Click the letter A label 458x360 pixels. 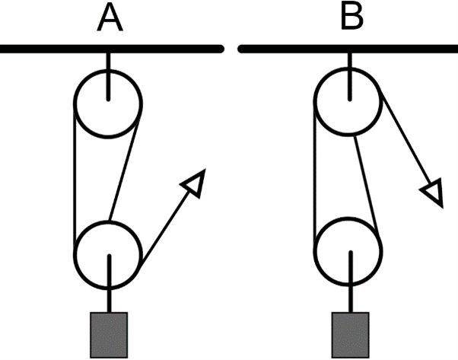coord(110,18)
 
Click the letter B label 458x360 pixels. coord(351,18)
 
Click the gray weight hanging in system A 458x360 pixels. coord(110,333)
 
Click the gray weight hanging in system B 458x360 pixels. coord(351,333)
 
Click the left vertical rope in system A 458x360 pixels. coord(75,175)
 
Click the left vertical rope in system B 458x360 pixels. coord(316,175)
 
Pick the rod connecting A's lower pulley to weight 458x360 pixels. coord(110,293)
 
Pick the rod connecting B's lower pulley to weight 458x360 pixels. coord(350,293)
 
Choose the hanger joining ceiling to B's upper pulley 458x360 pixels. coord(349,62)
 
